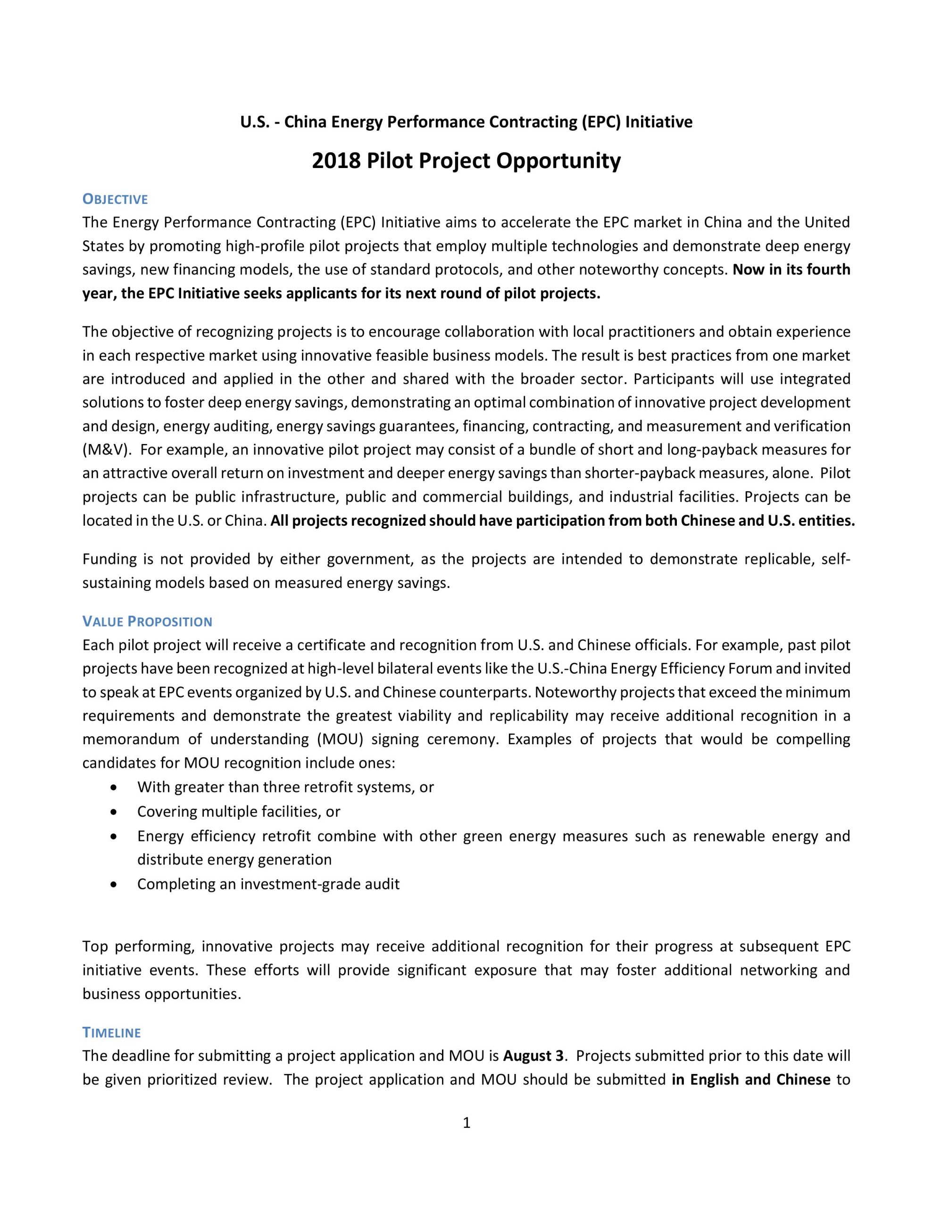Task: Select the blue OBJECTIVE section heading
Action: (x=115, y=199)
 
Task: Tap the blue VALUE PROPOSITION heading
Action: (x=147, y=622)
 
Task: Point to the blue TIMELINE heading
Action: (x=112, y=1032)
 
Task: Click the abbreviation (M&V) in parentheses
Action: (x=107, y=450)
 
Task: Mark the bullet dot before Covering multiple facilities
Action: (x=114, y=812)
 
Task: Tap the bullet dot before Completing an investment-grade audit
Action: (x=114, y=884)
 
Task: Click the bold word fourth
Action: (x=826, y=270)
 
